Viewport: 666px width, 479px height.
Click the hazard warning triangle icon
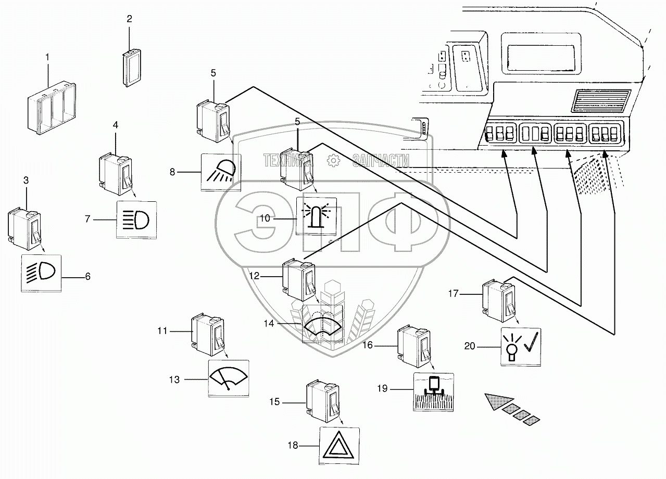(339, 445)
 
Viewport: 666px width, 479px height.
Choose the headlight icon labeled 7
(136, 219)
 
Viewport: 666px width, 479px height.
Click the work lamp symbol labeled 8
(221, 172)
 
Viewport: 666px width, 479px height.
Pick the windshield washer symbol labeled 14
(322, 326)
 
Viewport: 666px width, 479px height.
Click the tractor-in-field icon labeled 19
(433, 392)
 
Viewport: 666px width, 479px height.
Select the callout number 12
(254, 276)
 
